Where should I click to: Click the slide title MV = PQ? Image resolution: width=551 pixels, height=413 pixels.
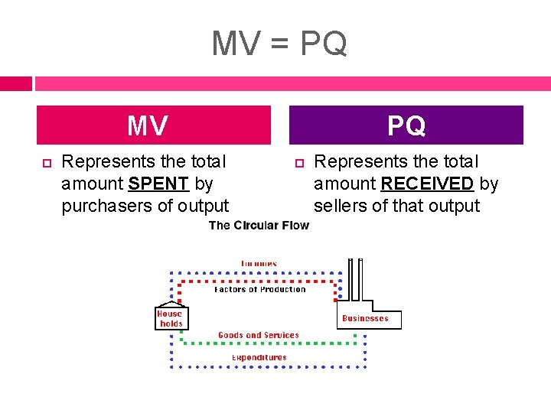tap(279, 44)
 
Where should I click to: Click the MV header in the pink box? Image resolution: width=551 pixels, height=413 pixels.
tap(148, 125)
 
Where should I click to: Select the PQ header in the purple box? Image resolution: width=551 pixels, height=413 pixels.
tap(406, 125)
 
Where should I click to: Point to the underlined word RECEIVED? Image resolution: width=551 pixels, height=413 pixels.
tap(427, 184)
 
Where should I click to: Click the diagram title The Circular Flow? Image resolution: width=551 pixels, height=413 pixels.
tap(259, 225)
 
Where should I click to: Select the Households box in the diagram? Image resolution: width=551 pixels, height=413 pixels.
tap(170, 318)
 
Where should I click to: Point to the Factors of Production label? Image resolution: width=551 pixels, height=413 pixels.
tap(259, 289)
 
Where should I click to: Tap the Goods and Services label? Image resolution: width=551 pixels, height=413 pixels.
tap(259, 335)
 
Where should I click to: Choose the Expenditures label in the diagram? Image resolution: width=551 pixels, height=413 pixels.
tap(259, 357)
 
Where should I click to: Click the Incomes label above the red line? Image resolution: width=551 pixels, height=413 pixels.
tap(259, 264)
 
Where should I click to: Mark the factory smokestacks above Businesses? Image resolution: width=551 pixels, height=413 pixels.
tap(355, 281)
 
